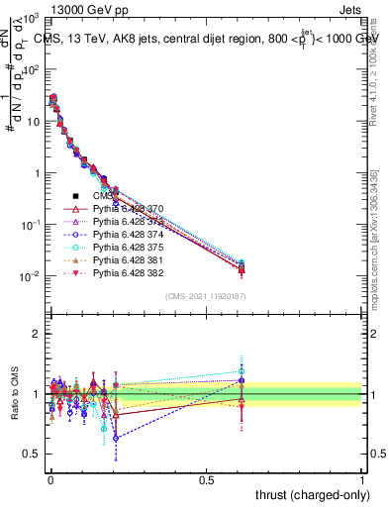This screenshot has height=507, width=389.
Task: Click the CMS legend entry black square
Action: [x=75, y=195]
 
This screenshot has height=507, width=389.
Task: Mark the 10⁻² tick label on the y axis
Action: [x=30, y=276]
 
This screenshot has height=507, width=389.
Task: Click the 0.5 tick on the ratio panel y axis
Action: [x=32, y=454]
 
